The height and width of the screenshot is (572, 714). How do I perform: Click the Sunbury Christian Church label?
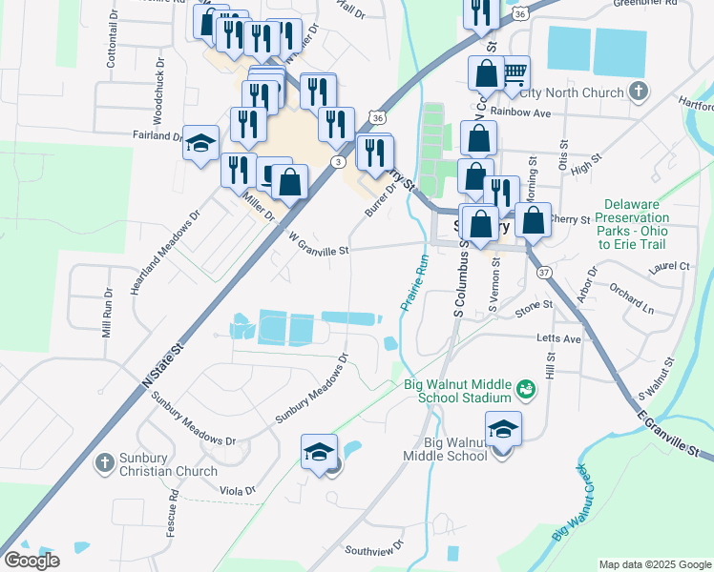[168, 463]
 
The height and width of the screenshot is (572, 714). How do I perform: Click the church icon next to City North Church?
[639, 92]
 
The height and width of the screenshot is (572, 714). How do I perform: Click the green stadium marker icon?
[524, 389]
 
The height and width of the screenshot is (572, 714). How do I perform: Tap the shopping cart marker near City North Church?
[514, 73]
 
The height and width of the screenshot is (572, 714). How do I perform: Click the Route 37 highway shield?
[543, 273]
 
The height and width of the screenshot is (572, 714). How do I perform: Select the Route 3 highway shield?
[338, 162]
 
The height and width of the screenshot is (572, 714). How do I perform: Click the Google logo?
[31, 560]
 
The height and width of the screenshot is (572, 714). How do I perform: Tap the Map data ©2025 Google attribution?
[654, 564]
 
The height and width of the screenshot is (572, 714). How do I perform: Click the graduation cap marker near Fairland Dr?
[200, 143]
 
